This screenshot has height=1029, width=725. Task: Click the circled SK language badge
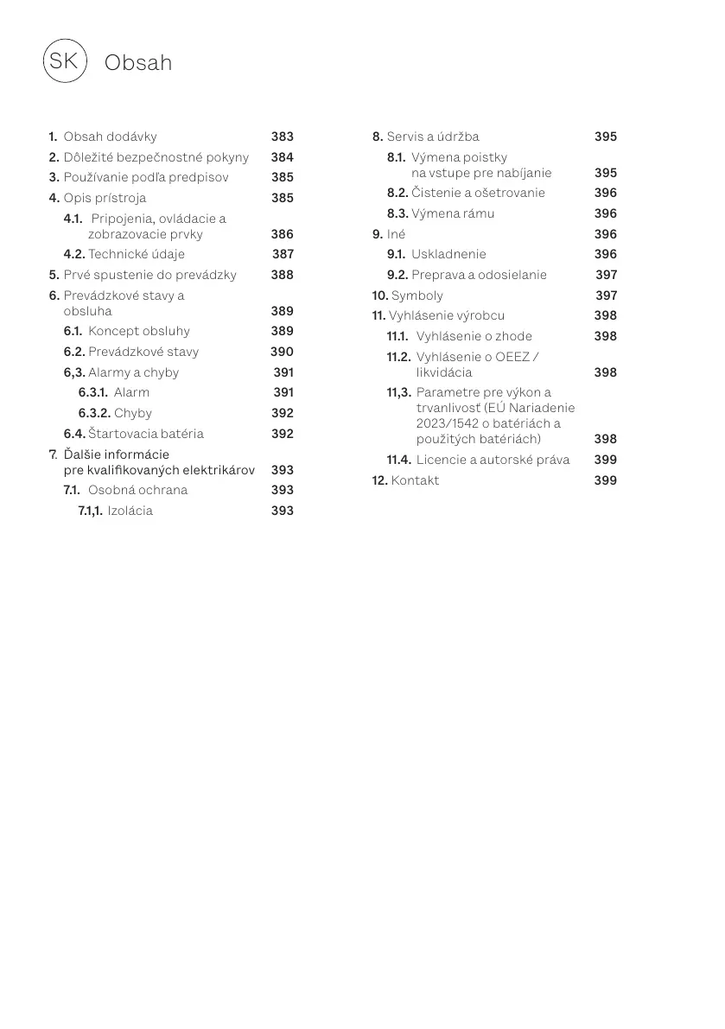pyautogui.click(x=64, y=60)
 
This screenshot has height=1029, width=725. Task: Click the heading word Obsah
pyautogui.click(x=137, y=63)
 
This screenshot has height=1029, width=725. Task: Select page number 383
pyautogui.click(x=282, y=137)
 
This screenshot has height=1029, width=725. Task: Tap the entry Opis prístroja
pyautogui.click(x=105, y=198)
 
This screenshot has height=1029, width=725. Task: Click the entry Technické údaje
pyautogui.click(x=137, y=254)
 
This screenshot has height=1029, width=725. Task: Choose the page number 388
pyautogui.click(x=282, y=275)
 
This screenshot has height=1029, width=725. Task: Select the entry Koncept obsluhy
pyautogui.click(x=138, y=331)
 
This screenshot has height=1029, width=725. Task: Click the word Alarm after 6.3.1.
pyautogui.click(x=131, y=392)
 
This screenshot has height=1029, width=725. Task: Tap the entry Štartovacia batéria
pyautogui.click(x=146, y=434)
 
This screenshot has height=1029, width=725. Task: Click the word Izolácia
pyautogui.click(x=130, y=511)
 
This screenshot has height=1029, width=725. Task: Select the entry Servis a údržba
pyautogui.click(x=432, y=137)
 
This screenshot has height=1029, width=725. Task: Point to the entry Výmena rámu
pyautogui.click(x=453, y=213)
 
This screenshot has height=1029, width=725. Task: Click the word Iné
pyautogui.click(x=396, y=234)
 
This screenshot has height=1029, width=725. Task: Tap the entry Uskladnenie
pyautogui.click(x=448, y=254)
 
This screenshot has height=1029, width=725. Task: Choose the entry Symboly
pyautogui.click(x=417, y=295)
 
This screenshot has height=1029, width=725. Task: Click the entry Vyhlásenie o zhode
pyautogui.click(x=474, y=336)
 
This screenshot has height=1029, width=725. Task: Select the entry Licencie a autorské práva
pyautogui.click(x=493, y=460)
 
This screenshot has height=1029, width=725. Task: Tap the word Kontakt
pyautogui.click(x=415, y=480)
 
